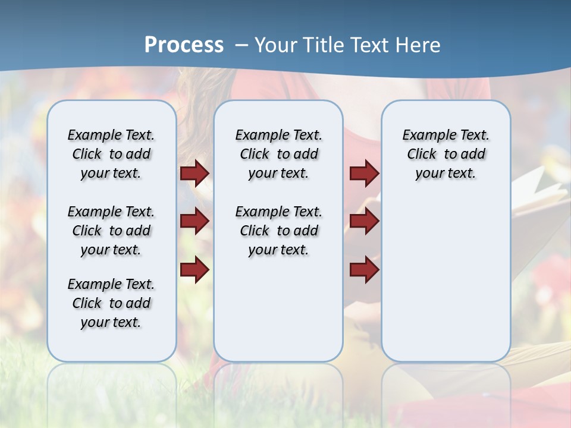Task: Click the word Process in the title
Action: [184, 45]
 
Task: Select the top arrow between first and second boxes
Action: [194, 173]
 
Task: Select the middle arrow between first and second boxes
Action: [194, 221]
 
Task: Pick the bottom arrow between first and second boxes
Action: [194, 269]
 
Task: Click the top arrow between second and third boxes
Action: [364, 173]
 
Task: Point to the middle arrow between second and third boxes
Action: [364, 221]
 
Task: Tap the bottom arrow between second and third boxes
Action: [364, 269]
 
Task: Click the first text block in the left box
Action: [111, 154]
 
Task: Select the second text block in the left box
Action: [111, 231]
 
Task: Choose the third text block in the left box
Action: [111, 303]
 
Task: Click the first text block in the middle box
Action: [278, 154]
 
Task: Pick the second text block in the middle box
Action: [278, 231]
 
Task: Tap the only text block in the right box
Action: [445, 154]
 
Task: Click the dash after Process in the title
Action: [241, 45]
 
